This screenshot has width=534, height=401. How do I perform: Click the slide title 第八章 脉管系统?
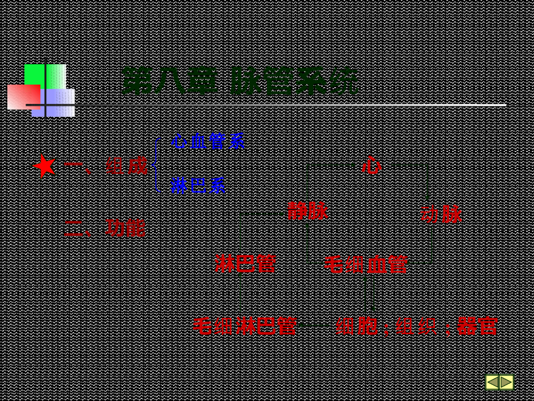click(240, 81)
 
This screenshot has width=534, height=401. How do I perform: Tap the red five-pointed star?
click(45, 166)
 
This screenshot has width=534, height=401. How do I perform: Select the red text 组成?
click(127, 167)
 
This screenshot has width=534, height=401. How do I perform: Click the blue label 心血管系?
click(208, 141)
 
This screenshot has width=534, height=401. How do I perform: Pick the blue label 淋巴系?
click(198, 185)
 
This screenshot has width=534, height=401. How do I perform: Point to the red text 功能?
click(125, 228)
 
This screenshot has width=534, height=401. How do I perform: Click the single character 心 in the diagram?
click(371, 166)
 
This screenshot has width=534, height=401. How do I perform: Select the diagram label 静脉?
click(308, 211)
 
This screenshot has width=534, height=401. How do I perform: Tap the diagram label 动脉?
click(441, 214)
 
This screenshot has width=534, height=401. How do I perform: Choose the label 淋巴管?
click(245, 264)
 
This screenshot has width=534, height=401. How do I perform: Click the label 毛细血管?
click(366, 265)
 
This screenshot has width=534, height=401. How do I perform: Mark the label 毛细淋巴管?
click(245, 326)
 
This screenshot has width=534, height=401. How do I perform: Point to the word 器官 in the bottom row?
click(477, 326)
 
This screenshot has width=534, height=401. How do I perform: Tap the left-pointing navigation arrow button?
click(492, 382)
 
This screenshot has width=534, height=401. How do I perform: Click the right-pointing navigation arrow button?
click(506, 382)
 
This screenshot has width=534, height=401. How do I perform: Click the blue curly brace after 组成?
click(156, 164)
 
